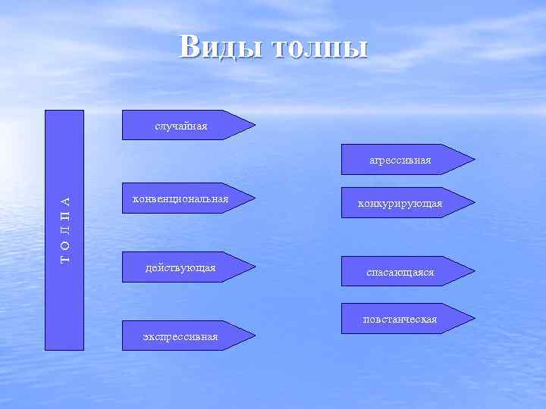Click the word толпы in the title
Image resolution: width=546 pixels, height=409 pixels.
pyautogui.click(x=319, y=48)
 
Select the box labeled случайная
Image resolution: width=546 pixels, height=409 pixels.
pyautogui.click(x=181, y=126)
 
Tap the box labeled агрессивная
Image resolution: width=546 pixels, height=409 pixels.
pyautogui.click(x=400, y=160)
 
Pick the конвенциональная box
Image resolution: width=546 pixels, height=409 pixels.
pyautogui.click(x=180, y=198)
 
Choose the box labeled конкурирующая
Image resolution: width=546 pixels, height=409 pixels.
pyautogui.click(x=400, y=203)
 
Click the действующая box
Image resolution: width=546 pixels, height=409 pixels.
pyautogui.click(x=180, y=267)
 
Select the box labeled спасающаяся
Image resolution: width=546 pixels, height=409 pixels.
pyautogui.click(x=400, y=271)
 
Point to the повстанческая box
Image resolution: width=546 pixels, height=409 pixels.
pyautogui.click(x=400, y=319)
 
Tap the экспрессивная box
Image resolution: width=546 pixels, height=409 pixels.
pyautogui.click(x=180, y=336)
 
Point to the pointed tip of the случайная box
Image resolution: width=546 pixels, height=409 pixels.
pyautogui.click(x=254, y=125)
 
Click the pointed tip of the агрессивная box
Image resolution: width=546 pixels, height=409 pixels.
pyautogui.click(x=474, y=159)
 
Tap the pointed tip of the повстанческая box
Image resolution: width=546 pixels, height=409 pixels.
pyautogui.click(x=474, y=318)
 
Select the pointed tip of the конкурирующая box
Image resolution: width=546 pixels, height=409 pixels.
pyautogui.click(x=474, y=203)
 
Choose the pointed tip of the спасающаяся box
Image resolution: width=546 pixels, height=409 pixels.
pyautogui.click(x=474, y=271)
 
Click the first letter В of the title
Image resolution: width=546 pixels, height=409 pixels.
pyautogui.click(x=190, y=47)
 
